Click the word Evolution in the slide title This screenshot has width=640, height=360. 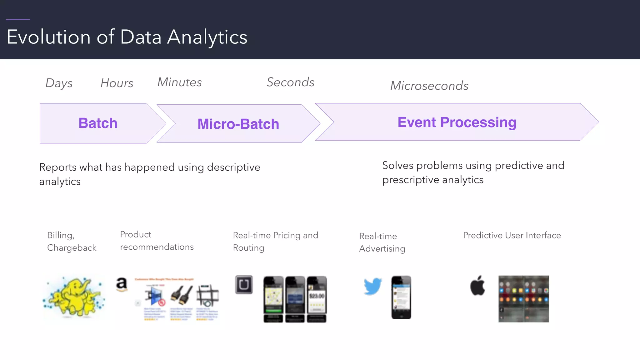[x=48, y=37]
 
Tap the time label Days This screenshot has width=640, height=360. [x=59, y=83]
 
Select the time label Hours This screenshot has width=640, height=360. [x=117, y=83]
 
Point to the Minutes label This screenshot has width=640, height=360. [x=180, y=82]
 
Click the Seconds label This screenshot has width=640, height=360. [x=290, y=82]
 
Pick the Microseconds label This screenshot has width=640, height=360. [x=429, y=86]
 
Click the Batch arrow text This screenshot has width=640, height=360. [x=98, y=123]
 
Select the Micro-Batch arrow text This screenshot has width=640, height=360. [x=238, y=124]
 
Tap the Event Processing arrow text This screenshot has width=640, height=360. [x=457, y=122]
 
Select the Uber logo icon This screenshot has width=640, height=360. [x=244, y=284]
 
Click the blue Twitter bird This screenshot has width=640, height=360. [x=373, y=286]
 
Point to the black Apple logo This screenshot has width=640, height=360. [x=477, y=286]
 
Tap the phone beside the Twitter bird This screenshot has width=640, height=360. [x=401, y=297]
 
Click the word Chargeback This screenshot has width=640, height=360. [x=72, y=248]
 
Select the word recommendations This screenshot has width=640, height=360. [x=157, y=247]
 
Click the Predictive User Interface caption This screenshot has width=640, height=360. [x=512, y=235]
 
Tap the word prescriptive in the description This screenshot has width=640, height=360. [x=410, y=180]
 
